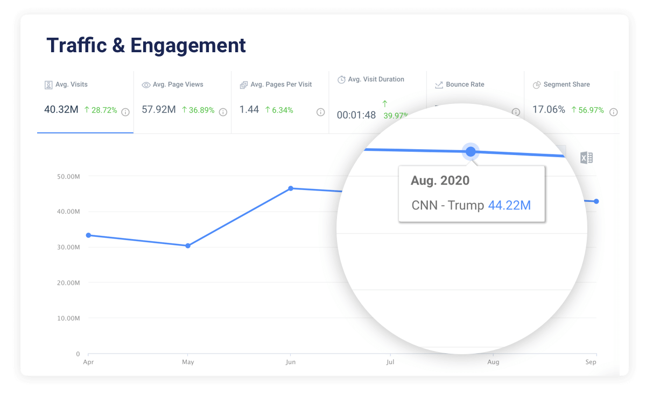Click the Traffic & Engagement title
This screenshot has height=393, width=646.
click(x=146, y=45)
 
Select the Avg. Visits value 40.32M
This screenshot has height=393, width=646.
click(x=61, y=110)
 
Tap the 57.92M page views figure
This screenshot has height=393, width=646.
click(x=159, y=110)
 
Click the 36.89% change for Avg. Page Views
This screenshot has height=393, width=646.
click(x=198, y=110)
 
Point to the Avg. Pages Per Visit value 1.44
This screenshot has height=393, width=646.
click(x=249, y=110)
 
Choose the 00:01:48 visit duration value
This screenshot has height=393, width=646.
click(x=356, y=115)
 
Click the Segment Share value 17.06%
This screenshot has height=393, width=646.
click(x=549, y=110)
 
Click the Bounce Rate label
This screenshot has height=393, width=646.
click(x=465, y=85)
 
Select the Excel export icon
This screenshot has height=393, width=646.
click(x=586, y=158)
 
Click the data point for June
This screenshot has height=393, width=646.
click(x=291, y=188)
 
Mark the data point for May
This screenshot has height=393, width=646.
click(x=188, y=245)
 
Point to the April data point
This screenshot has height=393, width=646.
click(x=88, y=235)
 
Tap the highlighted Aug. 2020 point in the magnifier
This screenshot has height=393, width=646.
click(x=471, y=152)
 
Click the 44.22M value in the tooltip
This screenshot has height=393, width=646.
click(x=509, y=205)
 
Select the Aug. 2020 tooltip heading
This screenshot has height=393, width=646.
click(x=440, y=180)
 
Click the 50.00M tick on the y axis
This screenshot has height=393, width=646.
click(x=69, y=176)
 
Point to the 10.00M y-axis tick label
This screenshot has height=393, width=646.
click(x=69, y=318)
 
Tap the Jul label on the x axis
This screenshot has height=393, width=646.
click(x=390, y=362)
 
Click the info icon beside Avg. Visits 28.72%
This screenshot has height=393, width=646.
click(x=125, y=112)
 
